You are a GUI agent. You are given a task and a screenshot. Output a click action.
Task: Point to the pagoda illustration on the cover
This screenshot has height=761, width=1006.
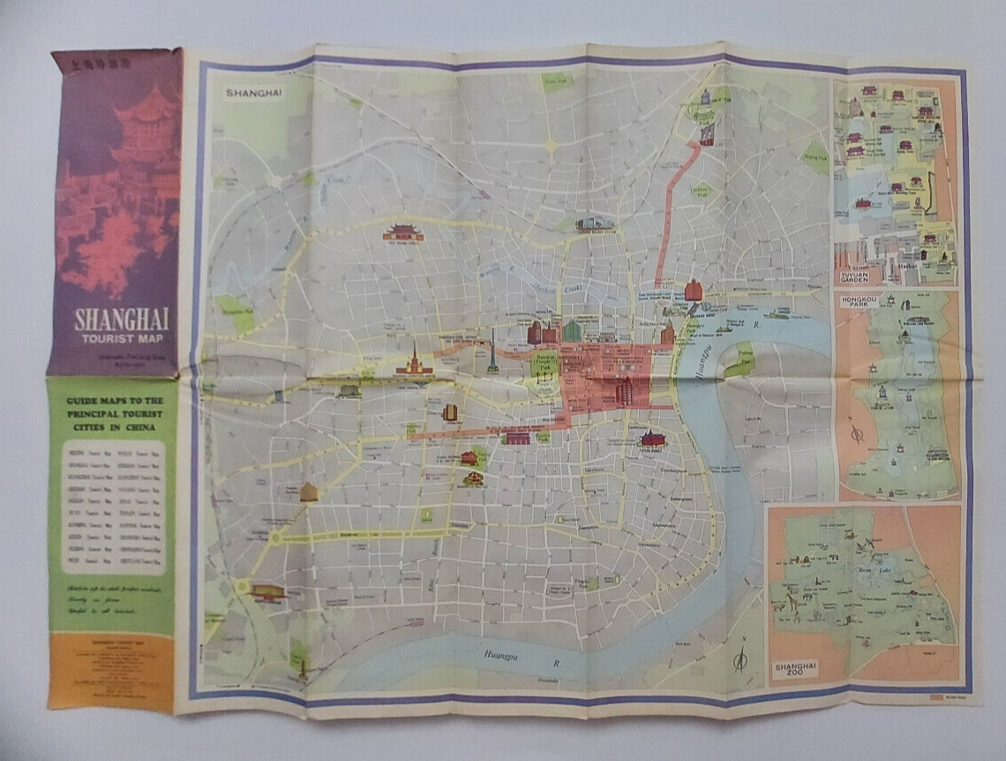141,124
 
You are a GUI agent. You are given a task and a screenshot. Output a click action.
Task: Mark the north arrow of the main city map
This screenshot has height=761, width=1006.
739,658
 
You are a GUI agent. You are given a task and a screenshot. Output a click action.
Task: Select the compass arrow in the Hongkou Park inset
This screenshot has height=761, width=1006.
856,435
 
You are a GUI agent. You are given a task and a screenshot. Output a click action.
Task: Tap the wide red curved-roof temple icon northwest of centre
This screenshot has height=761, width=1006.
402,232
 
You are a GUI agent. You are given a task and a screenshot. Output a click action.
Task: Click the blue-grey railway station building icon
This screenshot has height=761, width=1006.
597,223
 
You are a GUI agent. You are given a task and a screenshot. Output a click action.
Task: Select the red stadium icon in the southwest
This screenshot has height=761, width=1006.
268,592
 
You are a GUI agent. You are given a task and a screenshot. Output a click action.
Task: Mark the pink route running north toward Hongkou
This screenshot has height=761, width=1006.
671,212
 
